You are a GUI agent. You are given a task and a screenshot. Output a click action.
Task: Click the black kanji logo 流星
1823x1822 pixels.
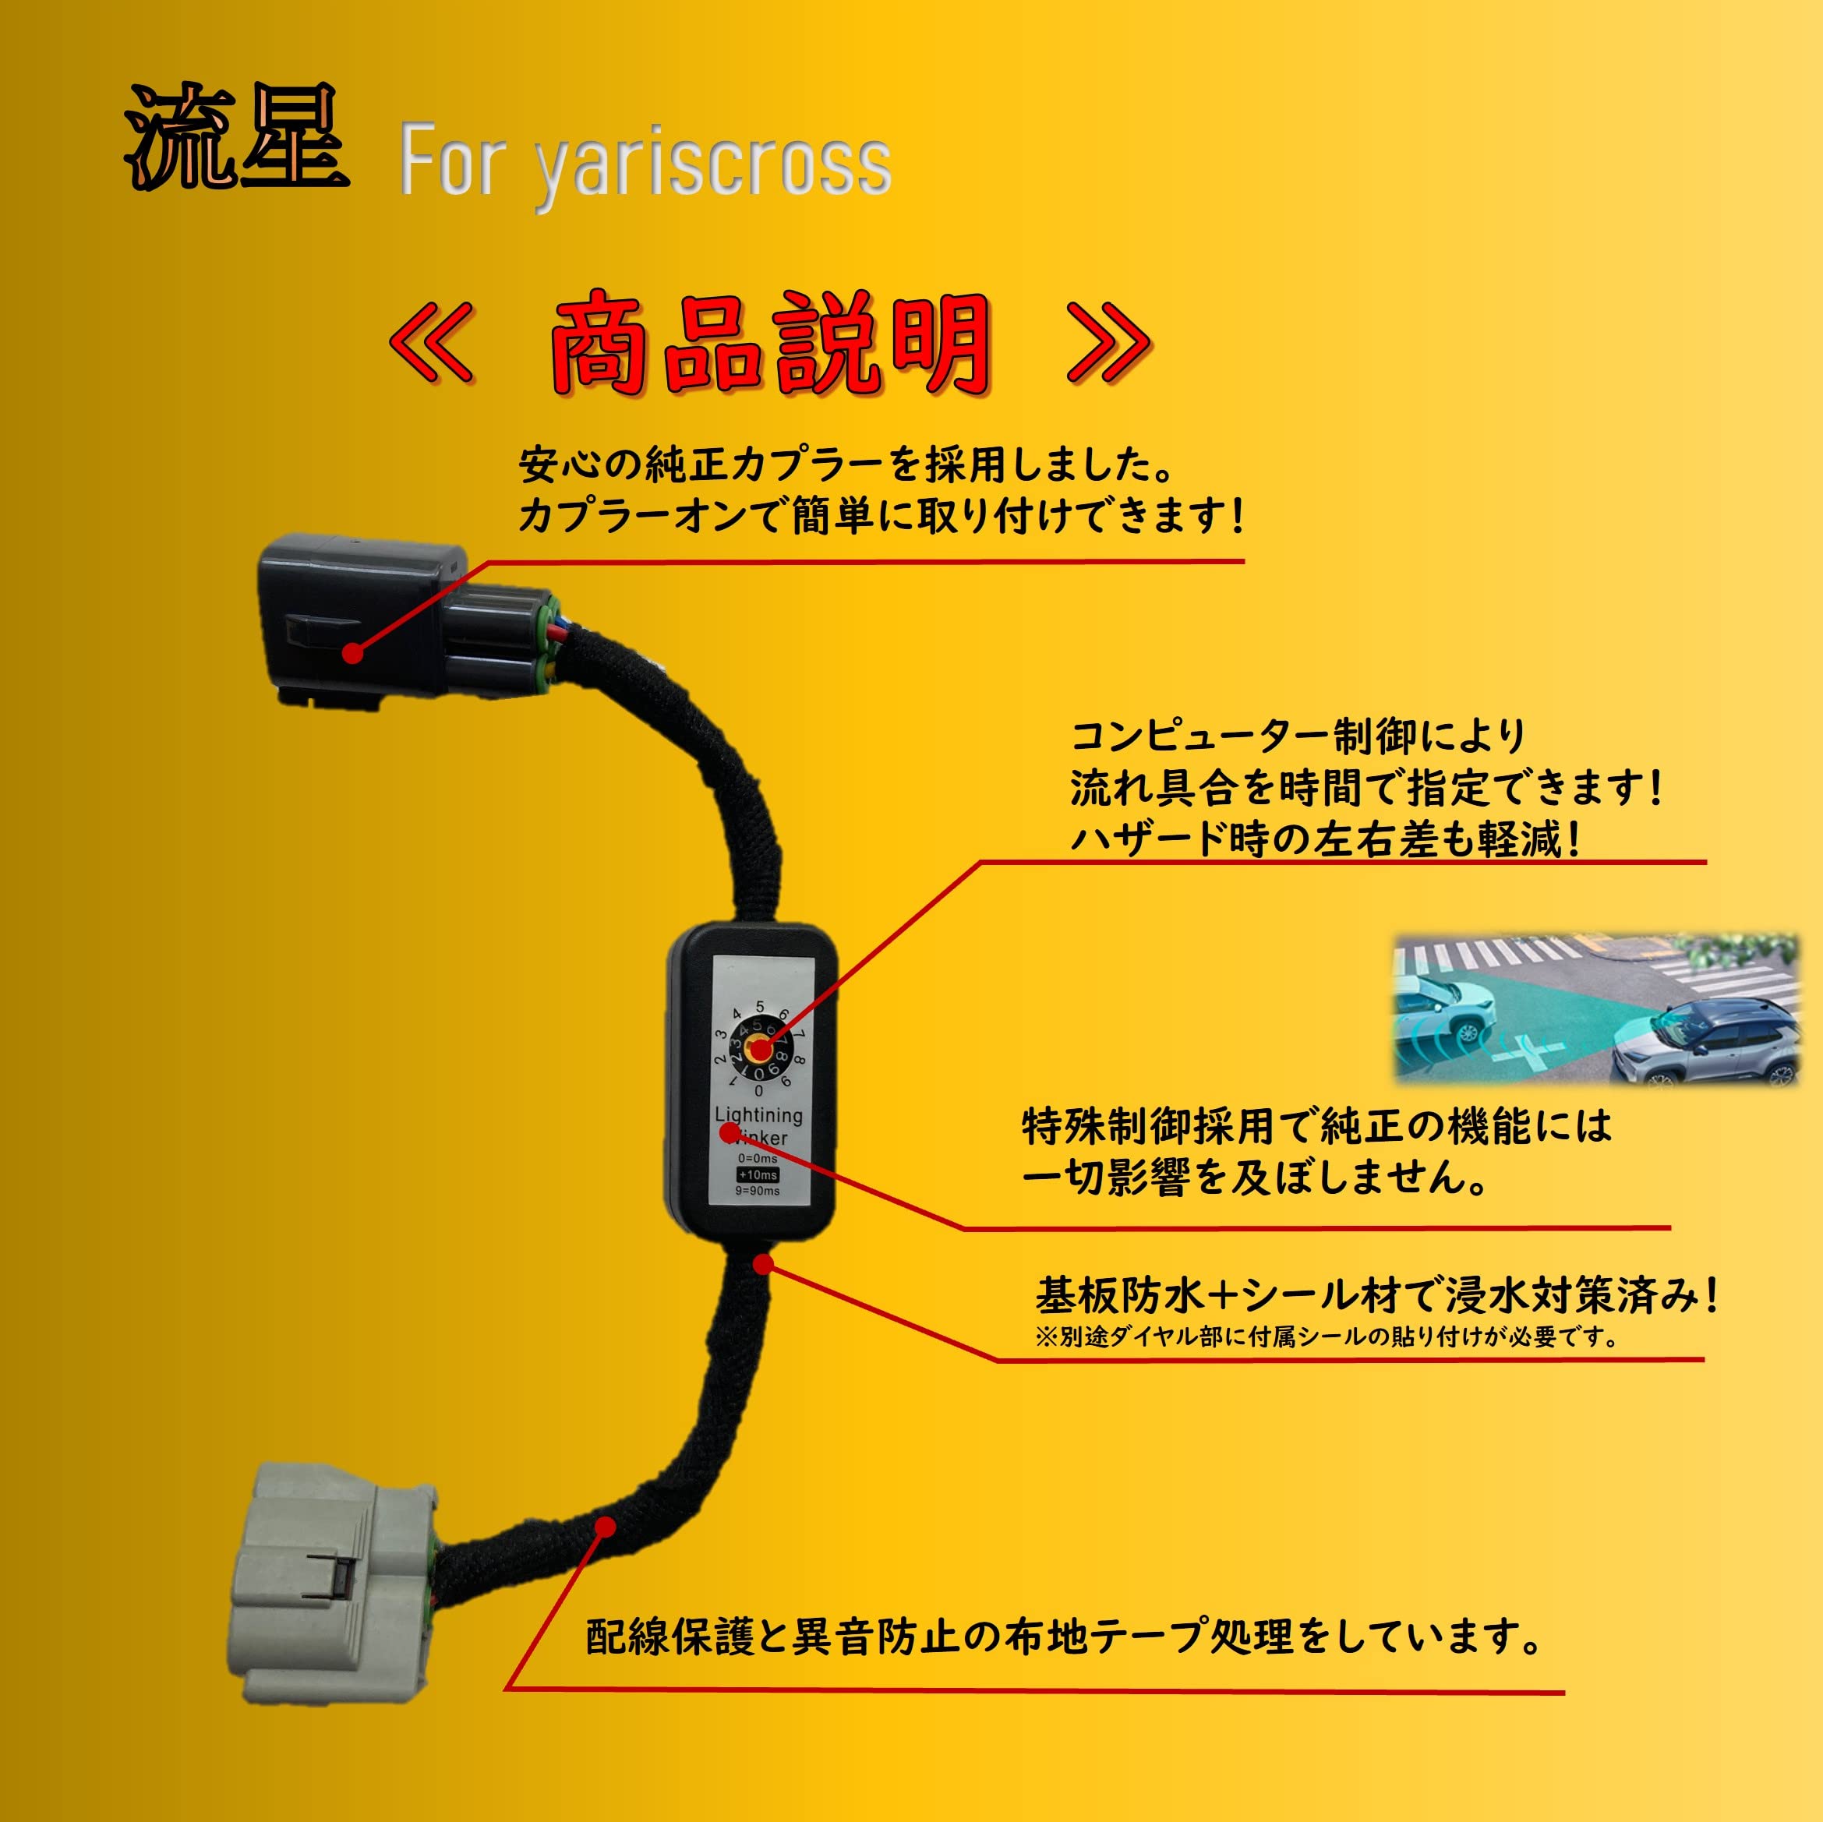pyautogui.click(x=236, y=137)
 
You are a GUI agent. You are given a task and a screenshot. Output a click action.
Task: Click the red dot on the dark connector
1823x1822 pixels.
pyautogui.click(x=352, y=652)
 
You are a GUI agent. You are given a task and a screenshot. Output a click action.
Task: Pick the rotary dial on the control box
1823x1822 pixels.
pyautogui.click(x=760, y=1048)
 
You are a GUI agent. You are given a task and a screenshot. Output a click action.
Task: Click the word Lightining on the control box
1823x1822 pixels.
pyautogui.click(x=758, y=1114)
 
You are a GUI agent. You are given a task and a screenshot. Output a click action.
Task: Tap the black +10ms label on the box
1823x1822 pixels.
pyautogui.click(x=758, y=1174)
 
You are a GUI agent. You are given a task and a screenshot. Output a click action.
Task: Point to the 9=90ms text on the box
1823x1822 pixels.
pyautogui.click(x=758, y=1191)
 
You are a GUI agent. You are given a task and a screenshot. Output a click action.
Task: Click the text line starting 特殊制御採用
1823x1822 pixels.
pyautogui.click(x=1317, y=1125)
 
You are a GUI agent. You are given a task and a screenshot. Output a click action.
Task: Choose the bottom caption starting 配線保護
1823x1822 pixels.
pyautogui.click(x=1062, y=1637)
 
